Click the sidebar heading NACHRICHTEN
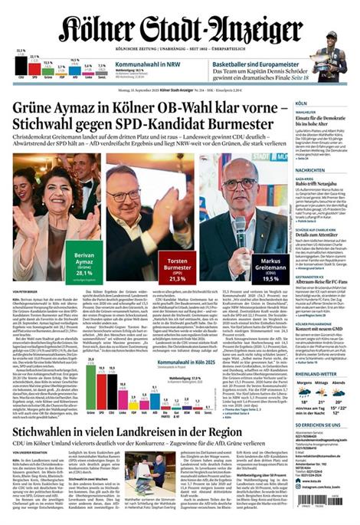click(x=310, y=170)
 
